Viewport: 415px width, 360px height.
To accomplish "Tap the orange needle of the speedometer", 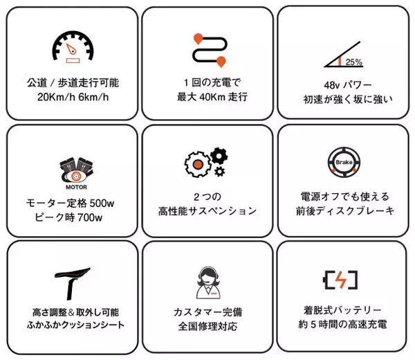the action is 71,48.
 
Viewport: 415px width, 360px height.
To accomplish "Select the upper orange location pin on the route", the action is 199,39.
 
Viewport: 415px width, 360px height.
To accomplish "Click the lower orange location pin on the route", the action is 221,62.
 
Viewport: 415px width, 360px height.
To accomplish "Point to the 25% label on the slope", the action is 354,62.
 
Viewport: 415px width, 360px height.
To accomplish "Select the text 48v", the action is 331,85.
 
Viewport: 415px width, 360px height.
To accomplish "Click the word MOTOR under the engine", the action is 76,187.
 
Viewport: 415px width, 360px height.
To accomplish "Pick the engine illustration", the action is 77,170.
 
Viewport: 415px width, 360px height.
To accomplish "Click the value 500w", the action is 102,204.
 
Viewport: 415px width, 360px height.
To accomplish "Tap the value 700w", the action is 90,217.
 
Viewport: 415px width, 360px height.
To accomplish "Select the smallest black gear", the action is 219,172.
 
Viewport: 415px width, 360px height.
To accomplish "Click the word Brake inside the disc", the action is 344,162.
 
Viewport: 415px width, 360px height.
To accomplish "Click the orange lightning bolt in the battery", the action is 340,280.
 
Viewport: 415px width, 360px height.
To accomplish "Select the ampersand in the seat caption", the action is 71,312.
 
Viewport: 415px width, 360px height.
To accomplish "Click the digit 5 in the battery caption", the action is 313,324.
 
